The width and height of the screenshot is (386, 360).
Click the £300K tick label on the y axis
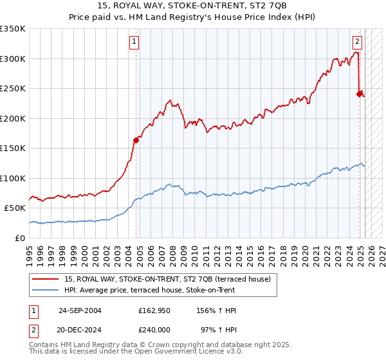[12, 59]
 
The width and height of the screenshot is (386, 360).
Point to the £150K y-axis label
[12, 148]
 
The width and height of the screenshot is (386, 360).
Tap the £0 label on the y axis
[19, 238]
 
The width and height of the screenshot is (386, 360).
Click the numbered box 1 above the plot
[134, 42]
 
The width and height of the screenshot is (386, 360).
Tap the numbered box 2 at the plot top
[357, 42]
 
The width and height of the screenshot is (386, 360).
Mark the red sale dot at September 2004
[136, 140]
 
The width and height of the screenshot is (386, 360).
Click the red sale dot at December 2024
[360, 94]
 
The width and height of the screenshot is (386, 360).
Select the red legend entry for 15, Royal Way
[170, 279]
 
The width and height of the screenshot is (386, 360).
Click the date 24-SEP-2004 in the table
[80, 310]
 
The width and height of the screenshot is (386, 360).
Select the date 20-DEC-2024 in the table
[80, 329]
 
